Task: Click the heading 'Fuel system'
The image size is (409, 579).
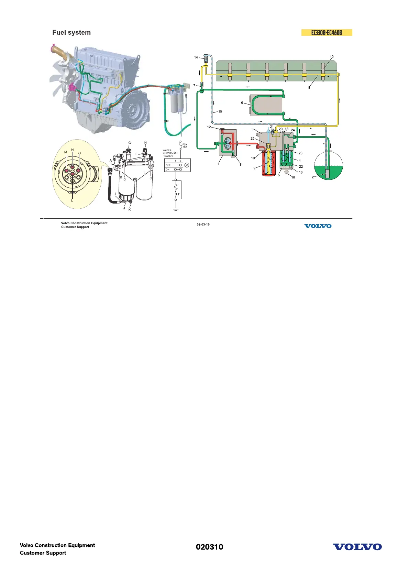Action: coord(71,33)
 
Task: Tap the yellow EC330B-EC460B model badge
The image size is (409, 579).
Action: coord(327,33)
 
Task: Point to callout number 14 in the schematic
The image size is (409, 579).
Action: coord(196,57)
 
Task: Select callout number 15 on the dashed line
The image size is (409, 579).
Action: coord(220,111)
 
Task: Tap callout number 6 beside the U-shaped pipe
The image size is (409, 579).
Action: coord(242,103)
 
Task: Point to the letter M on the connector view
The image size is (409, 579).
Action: coord(66,152)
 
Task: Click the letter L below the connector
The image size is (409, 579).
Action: coord(72,200)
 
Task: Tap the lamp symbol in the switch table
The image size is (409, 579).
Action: coord(187,165)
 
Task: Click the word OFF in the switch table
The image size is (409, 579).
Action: coord(168,165)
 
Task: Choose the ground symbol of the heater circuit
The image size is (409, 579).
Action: coord(176,209)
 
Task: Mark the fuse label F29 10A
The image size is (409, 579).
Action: coord(185,146)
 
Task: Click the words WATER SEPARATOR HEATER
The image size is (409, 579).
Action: coord(170,153)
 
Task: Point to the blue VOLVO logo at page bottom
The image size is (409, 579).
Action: coord(357,547)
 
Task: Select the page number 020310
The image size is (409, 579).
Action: coord(209,547)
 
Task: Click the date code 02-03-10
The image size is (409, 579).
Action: coord(203,225)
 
